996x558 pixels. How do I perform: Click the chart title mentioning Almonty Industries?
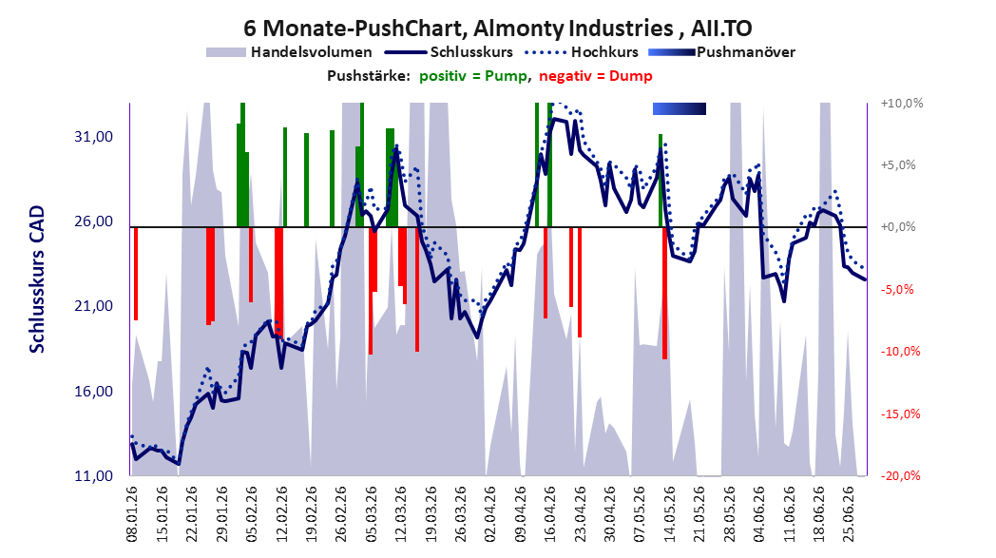[497, 28]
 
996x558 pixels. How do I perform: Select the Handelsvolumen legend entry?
[289, 52]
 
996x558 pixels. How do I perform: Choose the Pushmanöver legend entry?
[721, 52]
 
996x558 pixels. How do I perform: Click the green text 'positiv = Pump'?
[473, 76]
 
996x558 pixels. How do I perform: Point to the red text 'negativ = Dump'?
[596, 76]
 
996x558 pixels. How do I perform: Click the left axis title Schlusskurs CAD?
[37, 279]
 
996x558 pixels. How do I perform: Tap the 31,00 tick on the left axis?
[93, 137]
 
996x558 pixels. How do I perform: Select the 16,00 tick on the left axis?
[93, 391]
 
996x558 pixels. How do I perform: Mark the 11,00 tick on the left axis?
[93, 475]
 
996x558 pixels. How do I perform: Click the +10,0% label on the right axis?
[902, 103]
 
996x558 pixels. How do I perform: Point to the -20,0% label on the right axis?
[901, 475]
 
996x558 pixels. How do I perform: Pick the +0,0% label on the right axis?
[898, 227]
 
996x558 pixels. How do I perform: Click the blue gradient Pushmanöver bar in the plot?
[679, 108]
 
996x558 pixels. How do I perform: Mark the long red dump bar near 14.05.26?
[664, 293]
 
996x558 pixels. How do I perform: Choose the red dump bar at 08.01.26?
[135, 273]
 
